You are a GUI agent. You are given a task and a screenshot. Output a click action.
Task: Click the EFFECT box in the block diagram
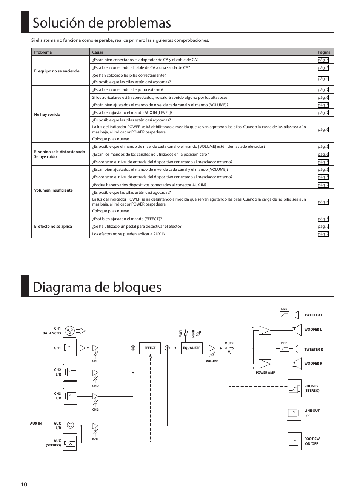tap(150, 348)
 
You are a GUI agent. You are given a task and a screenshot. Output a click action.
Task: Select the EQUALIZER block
tap(192, 348)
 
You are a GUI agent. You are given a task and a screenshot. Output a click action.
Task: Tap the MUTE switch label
tap(229, 343)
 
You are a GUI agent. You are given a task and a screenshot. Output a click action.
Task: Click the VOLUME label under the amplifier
tap(212, 361)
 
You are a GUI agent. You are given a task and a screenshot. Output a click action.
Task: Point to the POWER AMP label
tap(265, 373)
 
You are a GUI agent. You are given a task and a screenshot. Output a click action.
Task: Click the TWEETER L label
tap(313, 315)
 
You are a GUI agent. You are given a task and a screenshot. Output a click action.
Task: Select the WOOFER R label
tap(313, 364)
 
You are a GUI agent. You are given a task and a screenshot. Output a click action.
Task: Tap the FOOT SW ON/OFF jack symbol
tap(294, 441)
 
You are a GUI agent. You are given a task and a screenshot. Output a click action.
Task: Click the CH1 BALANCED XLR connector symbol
tap(69, 331)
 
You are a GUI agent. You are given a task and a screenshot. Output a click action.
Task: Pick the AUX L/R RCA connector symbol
tap(70, 425)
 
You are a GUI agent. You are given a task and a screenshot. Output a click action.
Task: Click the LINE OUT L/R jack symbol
tap(294, 413)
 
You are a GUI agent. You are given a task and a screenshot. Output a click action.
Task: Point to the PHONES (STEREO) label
tap(312, 388)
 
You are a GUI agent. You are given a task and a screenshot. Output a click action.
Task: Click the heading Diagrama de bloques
tap(97, 287)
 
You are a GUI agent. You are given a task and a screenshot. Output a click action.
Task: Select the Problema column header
tap(43, 52)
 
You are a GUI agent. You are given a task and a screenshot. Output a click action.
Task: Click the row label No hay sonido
tap(47, 114)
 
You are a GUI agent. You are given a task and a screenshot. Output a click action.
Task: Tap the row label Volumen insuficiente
tap(53, 190)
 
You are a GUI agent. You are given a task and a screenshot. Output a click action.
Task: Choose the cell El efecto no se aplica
tap(53, 226)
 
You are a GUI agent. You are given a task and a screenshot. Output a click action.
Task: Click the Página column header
tap(324, 52)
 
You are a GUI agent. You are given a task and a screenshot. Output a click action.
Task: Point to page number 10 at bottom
tap(24, 485)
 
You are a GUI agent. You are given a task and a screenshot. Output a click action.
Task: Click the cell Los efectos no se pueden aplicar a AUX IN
tap(129, 234)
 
